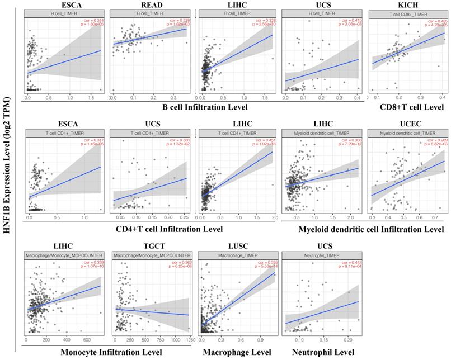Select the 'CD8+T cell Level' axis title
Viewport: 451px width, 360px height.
pos(411,107)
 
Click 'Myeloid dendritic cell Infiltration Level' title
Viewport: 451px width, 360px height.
pos(363,229)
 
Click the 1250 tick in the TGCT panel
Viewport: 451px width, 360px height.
pos(190,340)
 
